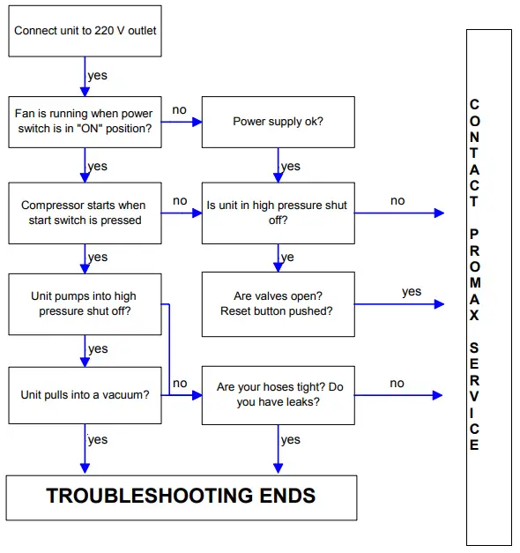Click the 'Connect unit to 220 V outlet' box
tap(85, 31)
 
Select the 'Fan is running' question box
tap(85, 122)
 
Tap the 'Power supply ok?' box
tap(278, 122)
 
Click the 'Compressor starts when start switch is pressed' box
tap(85, 213)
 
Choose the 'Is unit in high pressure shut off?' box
tap(278, 213)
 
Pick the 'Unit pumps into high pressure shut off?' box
tap(85, 304)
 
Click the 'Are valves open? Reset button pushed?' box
tap(278, 304)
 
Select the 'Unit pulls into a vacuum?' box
tap(85, 395)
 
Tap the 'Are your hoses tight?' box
tap(278, 395)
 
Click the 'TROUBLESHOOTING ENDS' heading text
tap(181, 496)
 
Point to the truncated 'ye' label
tap(287, 258)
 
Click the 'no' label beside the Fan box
tap(179, 110)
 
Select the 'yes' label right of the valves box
tap(412, 292)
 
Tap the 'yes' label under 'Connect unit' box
tap(98, 76)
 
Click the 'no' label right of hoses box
tap(397, 383)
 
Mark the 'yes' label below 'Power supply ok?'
tap(290, 167)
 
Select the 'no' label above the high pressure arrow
tap(397, 201)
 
